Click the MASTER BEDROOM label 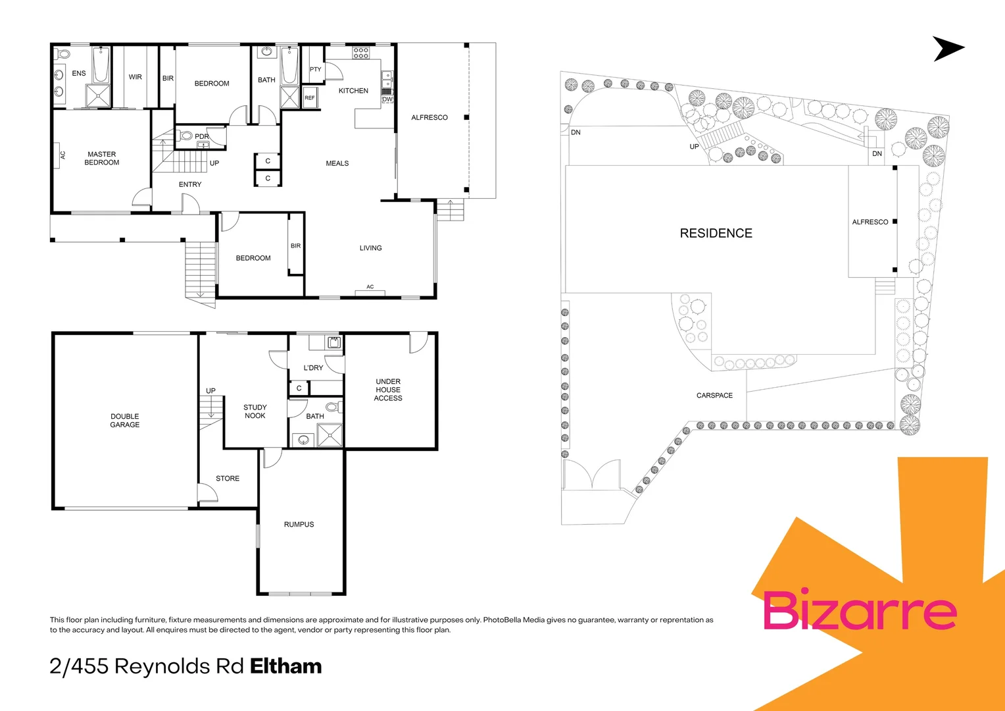[102, 158]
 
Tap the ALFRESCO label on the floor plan [429, 118]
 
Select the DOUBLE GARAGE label [125, 421]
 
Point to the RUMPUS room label [299, 525]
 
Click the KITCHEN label [353, 91]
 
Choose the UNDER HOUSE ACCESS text [388, 390]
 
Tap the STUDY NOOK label [255, 411]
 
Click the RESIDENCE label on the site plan [716, 233]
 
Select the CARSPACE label [714, 396]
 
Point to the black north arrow [947, 49]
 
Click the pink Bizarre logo [859, 610]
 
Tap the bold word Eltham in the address [286, 666]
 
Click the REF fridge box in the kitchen [310, 98]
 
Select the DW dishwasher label [387, 99]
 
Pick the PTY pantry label [316, 69]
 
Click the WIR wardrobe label [135, 77]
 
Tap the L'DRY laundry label [314, 368]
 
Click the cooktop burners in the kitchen [361, 53]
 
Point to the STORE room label [228, 479]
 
